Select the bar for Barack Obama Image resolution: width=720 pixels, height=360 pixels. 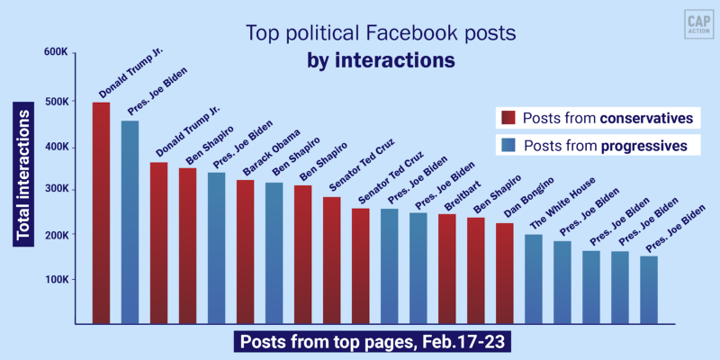246,252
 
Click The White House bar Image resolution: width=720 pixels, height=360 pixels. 534,279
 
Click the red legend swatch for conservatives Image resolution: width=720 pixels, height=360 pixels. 508,118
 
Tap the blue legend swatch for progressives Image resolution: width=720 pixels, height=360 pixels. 508,145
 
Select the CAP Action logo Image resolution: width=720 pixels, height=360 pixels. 693,24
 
